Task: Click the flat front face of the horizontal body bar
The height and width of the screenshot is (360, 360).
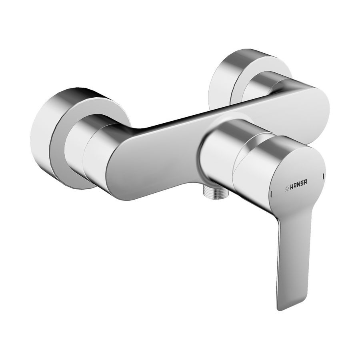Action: [x=168, y=156]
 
